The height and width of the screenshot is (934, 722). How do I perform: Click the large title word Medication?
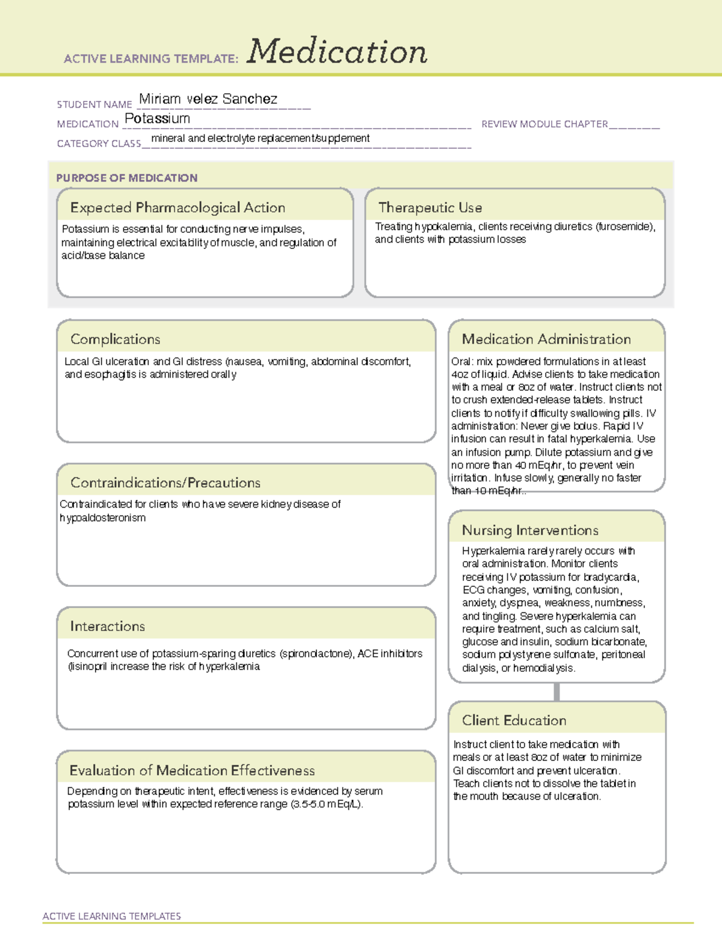point(337,52)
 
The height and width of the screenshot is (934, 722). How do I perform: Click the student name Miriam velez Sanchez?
point(208,99)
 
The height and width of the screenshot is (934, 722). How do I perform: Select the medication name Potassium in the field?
point(157,118)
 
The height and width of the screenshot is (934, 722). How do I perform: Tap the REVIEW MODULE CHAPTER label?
point(544,124)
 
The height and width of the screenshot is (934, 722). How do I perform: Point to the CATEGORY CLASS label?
point(99,144)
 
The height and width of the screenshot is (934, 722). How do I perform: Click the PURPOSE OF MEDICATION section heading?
point(126,178)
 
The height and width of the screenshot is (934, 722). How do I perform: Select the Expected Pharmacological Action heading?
point(177,207)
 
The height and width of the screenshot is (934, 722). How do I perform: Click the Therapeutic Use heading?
point(430,207)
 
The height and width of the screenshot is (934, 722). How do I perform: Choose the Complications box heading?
point(115,339)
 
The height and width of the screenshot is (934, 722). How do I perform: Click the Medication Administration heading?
point(546,339)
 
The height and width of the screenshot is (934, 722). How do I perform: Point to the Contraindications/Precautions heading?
point(165,482)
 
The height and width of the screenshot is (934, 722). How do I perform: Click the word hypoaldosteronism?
point(103,518)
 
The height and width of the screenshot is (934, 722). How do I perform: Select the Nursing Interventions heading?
point(529,530)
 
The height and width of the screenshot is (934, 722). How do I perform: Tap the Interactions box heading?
point(107,626)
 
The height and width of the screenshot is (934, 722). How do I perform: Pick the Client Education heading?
point(514,720)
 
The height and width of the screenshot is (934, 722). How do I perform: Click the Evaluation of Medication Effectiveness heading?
point(192,770)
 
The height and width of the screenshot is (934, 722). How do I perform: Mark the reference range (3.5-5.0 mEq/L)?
point(327,804)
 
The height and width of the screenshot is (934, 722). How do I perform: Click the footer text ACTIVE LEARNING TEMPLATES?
point(111,916)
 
